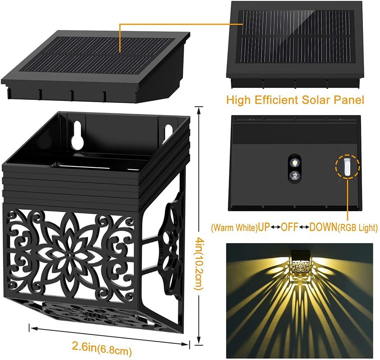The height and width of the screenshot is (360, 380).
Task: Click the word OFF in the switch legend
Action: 290,227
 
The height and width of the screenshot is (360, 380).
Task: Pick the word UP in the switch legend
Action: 263,227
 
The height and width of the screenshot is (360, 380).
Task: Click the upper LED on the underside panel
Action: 294,161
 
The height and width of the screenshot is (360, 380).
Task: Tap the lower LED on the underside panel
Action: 294,175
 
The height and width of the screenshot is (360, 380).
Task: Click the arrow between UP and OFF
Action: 275,227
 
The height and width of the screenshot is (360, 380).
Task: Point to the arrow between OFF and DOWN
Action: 304,227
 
